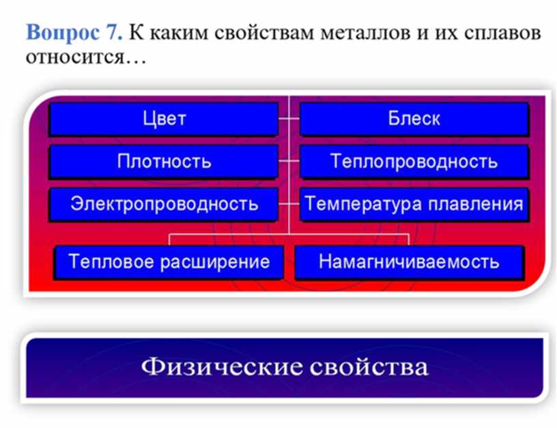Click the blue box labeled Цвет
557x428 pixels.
[x=163, y=119]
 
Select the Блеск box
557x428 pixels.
[x=414, y=119]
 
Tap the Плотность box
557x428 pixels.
[x=163, y=162]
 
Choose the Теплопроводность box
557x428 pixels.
[x=414, y=162]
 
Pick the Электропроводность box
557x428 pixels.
[x=163, y=205]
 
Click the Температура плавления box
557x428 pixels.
[x=414, y=205]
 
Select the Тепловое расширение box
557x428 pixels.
[x=169, y=262]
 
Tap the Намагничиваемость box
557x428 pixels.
[x=410, y=262]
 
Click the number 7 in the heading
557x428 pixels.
[x=113, y=32]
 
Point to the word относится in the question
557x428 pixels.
[x=74, y=57]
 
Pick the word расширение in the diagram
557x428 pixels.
[x=214, y=263]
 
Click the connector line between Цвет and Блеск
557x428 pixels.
[x=289, y=118]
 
